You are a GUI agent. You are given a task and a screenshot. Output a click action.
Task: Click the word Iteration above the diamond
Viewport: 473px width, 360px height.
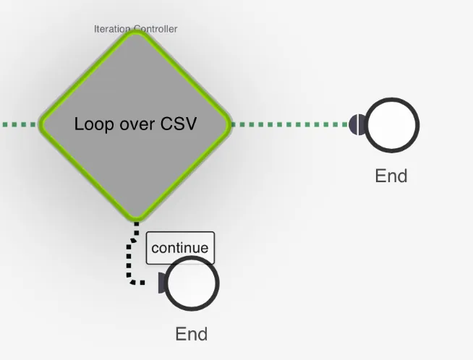click(112, 29)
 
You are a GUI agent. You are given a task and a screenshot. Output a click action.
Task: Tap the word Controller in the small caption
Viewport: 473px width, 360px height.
click(155, 29)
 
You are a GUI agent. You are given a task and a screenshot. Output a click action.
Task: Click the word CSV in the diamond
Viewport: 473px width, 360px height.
click(179, 124)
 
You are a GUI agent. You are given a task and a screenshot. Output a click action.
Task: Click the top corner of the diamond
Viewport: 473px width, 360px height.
click(136, 31)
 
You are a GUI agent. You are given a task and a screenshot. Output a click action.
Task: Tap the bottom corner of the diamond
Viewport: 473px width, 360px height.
click(136, 220)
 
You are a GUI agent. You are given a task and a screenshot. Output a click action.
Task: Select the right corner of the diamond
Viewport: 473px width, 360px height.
click(231, 124)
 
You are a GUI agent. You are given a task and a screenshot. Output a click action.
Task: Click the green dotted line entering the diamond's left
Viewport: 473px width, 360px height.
click(19, 124)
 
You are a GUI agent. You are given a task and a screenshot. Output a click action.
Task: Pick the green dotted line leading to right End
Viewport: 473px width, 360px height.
click(290, 124)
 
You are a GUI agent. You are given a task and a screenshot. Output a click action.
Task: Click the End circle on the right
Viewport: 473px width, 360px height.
click(392, 125)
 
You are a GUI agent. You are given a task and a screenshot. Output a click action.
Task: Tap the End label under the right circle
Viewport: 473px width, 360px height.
click(391, 176)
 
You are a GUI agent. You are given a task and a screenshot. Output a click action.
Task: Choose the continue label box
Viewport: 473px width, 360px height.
click(180, 248)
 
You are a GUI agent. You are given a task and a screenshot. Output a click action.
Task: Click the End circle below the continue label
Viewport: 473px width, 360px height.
click(192, 283)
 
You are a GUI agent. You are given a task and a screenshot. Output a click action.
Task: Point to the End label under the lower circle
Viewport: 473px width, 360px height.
click(192, 334)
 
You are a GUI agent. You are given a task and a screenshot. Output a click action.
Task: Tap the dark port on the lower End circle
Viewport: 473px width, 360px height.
click(162, 283)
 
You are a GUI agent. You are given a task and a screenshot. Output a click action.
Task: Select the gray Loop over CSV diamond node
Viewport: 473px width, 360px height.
click(136, 125)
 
